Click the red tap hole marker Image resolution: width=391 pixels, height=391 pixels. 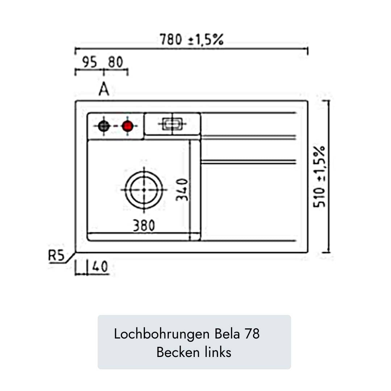[127, 126]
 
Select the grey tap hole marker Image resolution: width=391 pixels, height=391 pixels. [104, 126]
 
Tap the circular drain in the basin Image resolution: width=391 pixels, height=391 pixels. [144, 189]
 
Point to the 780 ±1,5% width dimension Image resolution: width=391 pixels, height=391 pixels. [192, 39]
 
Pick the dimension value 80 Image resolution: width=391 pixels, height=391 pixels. [115, 63]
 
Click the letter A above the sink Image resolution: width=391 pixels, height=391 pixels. [104, 89]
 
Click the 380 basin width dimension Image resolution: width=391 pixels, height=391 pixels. [143, 226]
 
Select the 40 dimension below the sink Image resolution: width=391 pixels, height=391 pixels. [100, 267]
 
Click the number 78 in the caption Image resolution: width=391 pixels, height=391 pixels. [252, 334]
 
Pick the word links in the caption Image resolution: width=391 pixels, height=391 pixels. [218, 352]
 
